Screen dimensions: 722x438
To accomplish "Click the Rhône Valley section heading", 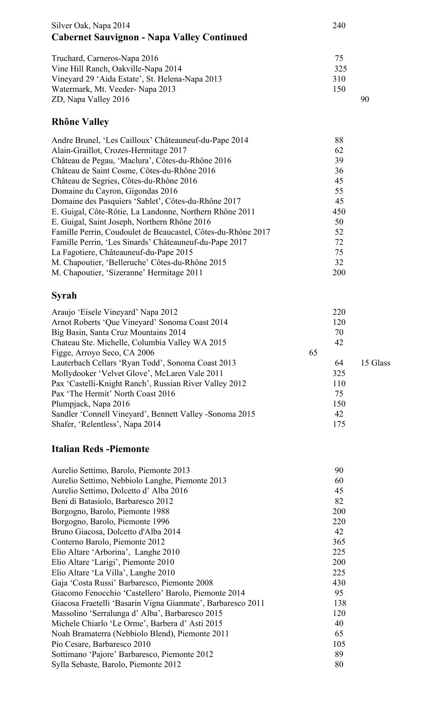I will [x=80, y=122].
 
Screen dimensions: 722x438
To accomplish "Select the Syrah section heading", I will [x=64, y=296].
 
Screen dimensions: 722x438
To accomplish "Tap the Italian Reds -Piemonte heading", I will [x=100, y=449].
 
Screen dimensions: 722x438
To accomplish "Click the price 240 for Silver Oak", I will [x=339, y=26].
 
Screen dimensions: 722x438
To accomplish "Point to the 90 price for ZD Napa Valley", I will [x=364, y=99].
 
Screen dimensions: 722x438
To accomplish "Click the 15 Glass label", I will [x=375, y=363].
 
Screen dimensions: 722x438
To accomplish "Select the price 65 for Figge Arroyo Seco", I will [x=313, y=353].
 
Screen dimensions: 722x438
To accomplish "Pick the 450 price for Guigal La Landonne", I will [x=339, y=212].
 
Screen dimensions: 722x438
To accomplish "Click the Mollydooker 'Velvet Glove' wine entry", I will [x=137, y=373].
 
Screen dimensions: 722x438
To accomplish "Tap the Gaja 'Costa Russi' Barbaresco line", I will [x=132, y=583].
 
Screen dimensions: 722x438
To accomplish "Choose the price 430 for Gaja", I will [x=339, y=583].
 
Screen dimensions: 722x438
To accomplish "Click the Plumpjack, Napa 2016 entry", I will [x=91, y=404].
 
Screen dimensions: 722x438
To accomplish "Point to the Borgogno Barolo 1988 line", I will [x=110, y=511].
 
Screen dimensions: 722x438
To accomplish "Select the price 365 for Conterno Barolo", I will [x=339, y=542].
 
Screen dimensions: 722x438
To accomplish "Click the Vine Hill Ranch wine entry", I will [x=116, y=69].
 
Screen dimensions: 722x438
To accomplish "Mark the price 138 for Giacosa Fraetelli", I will [x=340, y=603].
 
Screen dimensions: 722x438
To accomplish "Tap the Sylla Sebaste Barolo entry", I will [x=116, y=664].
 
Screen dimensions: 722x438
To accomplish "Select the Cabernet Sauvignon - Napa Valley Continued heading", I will [x=149, y=37].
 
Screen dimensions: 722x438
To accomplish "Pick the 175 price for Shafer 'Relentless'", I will [x=339, y=424].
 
